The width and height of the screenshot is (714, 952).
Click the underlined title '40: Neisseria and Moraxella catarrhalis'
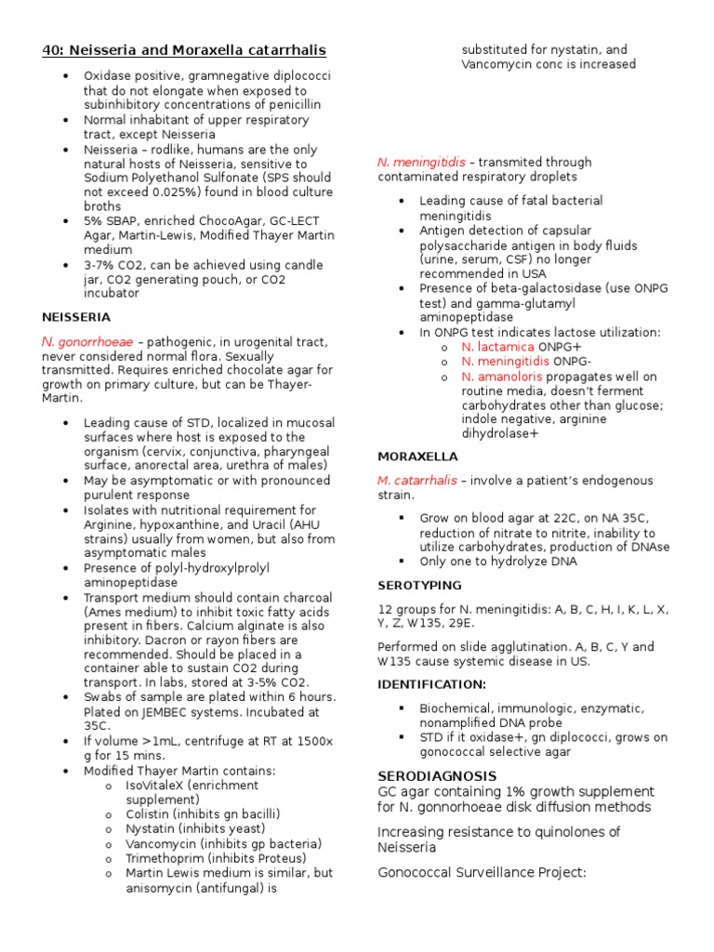[184, 49]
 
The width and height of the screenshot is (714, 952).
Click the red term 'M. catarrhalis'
[416, 481]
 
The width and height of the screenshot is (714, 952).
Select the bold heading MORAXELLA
[416, 456]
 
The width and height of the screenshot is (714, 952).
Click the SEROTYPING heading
[418, 585]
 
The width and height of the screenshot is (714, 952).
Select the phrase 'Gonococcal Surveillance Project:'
[482, 872]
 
